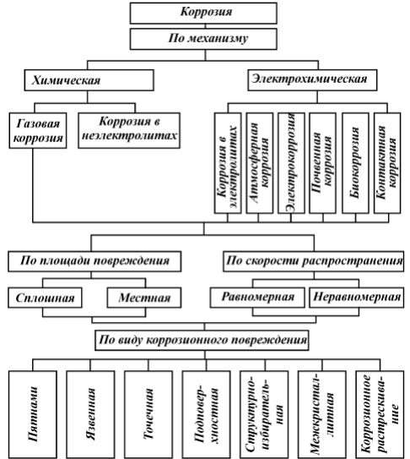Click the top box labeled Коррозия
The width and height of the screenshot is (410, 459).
pyautogui.click(x=203, y=14)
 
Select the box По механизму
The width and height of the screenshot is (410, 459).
pyautogui.click(x=203, y=39)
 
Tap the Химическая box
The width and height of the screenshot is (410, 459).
pyautogui.click(x=89, y=80)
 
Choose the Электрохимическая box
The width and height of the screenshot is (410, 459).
pyautogui.click(x=312, y=80)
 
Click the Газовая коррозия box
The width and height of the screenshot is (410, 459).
pyautogui.click(x=38, y=130)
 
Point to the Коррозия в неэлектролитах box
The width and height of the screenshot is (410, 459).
pyautogui.click(x=129, y=130)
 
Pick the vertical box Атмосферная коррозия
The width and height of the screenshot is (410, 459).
pyautogui.click(x=260, y=163)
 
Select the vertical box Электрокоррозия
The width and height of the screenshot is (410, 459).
pyautogui.click(x=291, y=163)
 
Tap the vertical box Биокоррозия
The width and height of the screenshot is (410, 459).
pyautogui.click(x=355, y=163)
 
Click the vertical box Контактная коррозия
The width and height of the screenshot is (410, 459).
pyautogui.click(x=387, y=163)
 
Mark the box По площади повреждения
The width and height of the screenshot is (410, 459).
pyautogui.click(x=94, y=261)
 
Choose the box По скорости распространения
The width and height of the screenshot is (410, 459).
pyautogui.click(x=314, y=261)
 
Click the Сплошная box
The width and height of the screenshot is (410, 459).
pyautogui.click(x=45, y=298)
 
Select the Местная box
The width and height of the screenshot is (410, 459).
pyautogui.click(x=144, y=298)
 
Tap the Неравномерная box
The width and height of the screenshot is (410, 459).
pyautogui.click(x=357, y=298)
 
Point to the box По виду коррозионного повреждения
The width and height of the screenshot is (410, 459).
pyautogui.click(x=202, y=340)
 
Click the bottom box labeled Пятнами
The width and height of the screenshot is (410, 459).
pyautogui.click(x=33, y=414)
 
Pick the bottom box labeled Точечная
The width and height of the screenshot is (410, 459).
pyautogui.click(x=148, y=414)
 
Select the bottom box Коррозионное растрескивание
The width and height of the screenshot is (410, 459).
pyautogui.click(x=380, y=414)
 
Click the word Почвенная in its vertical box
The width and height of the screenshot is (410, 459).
pyautogui.click(x=316, y=163)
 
